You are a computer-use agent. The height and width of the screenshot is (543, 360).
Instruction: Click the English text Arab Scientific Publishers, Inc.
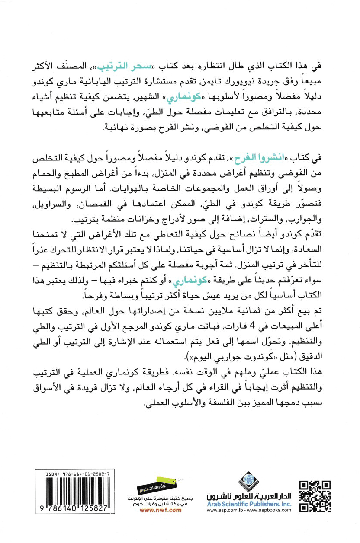[x=249, y=503]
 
